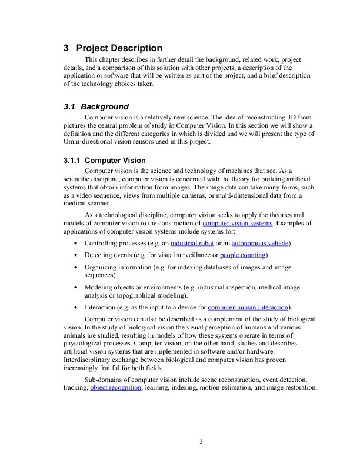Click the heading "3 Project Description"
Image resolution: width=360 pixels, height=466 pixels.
pyautogui.click(x=112, y=48)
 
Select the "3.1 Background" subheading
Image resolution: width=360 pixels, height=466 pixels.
pyautogui.click(x=95, y=106)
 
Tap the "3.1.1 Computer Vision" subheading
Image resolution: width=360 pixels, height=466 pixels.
pyautogui.click(x=104, y=160)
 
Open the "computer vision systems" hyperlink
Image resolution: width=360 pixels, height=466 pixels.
pyautogui.click(x=237, y=224)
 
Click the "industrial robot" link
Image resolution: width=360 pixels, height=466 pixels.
pyautogui.click(x=192, y=243)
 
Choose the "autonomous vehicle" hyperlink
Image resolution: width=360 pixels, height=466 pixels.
pyautogui.click(x=261, y=243)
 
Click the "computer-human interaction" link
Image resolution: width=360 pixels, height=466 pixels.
pyautogui.click(x=248, y=307)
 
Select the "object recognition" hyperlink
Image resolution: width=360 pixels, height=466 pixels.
pyautogui.click(x=116, y=388)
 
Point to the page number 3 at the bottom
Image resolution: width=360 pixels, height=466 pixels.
pyautogui.click(x=201, y=442)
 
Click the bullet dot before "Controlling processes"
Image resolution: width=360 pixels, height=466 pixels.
pyautogui.click(x=76, y=244)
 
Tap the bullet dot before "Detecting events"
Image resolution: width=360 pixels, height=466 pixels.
pyautogui.click(x=76, y=255)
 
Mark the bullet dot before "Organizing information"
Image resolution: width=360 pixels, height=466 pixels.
pyautogui.click(x=76, y=267)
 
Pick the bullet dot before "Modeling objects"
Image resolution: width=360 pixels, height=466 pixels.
pyautogui.click(x=76, y=287)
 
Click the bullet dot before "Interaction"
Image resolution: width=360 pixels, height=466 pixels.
pyautogui.click(x=76, y=308)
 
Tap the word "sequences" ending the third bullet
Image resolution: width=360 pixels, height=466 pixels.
pyautogui.click(x=103, y=275)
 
